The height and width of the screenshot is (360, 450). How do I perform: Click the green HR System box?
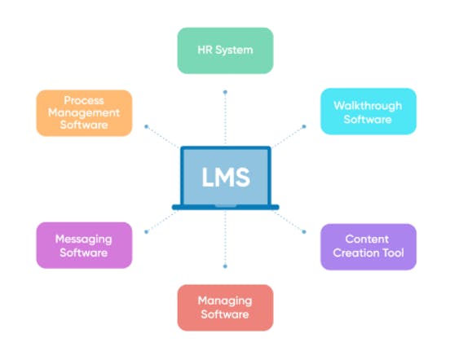point(225,50)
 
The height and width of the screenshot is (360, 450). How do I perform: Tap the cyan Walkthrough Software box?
point(368,112)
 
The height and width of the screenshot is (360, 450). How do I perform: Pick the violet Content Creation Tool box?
point(368,246)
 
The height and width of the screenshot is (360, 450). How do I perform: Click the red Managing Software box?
point(225,307)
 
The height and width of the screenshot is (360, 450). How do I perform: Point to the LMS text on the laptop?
point(225,176)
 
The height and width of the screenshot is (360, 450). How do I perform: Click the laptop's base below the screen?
point(225,208)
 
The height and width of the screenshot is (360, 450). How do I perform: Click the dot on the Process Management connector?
point(146,126)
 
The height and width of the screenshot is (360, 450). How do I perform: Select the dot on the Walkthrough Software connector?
point(304,126)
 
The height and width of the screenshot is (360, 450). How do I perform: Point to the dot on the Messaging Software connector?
point(146,231)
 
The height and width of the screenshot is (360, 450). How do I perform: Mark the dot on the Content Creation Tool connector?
point(304,231)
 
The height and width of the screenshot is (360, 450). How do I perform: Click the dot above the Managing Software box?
point(225,266)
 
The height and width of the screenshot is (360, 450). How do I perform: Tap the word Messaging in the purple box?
point(83,239)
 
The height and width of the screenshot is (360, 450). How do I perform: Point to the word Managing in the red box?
point(225,301)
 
